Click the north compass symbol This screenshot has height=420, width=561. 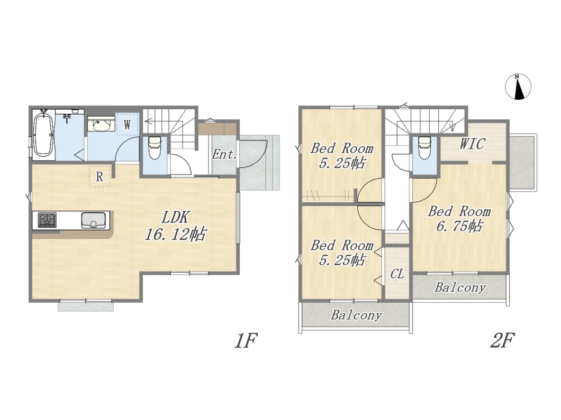pos(518,87)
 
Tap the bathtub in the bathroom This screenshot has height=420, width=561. pos(43,134)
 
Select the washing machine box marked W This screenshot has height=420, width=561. pos(127,124)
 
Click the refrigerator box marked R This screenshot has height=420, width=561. pos(99,176)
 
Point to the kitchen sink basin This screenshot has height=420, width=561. pos(94,220)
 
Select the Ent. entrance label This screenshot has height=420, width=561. pos(224,155)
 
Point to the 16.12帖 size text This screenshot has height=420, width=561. pos(175,234)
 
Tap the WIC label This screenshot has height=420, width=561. pos(472,144)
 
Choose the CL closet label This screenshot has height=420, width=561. pos(397,274)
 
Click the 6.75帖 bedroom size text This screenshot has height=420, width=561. pos(459,226)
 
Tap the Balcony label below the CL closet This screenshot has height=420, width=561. pos(356,315)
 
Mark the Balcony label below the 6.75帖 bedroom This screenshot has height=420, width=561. pos(460,287)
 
